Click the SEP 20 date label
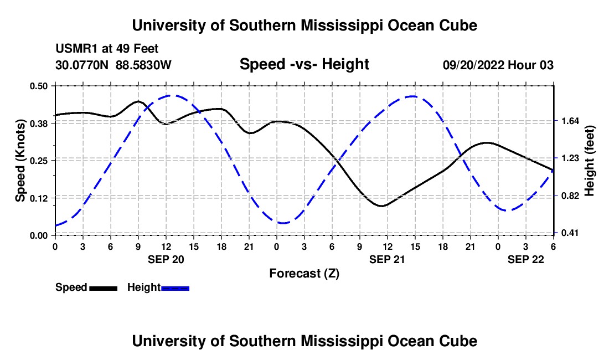166,259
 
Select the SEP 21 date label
387,259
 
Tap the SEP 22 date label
526,259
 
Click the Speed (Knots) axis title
20,161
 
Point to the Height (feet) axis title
589,161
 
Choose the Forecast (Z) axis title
304,273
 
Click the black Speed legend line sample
103,287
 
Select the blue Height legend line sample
176,287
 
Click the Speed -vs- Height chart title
304,64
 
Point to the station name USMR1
74,49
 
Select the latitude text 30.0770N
82,65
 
